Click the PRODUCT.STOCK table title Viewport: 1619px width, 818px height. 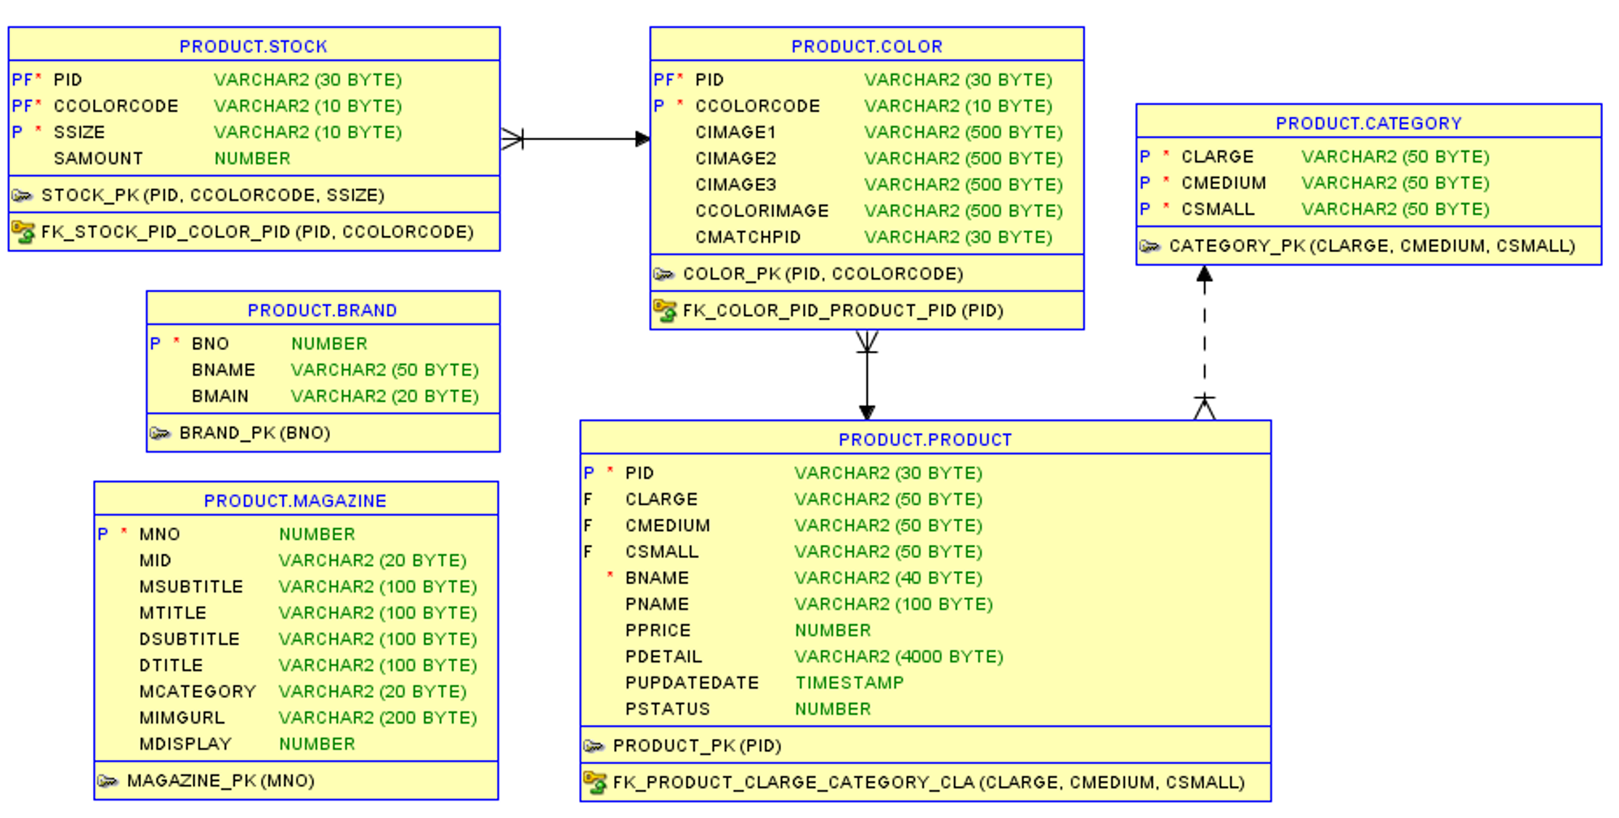pyautogui.click(x=253, y=46)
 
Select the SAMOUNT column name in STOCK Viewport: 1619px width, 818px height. pyautogui.click(x=98, y=158)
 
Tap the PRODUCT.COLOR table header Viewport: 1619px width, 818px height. pyautogui.click(x=866, y=46)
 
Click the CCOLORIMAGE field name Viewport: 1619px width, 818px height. pyautogui.click(x=762, y=211)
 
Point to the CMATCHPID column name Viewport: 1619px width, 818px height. pyautogui.click(x=748, y=237)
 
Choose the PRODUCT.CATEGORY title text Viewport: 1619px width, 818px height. pyautogui.click(x=1368, y=123)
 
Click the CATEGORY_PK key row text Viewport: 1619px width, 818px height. pyautogui.click(x=1371, y=246)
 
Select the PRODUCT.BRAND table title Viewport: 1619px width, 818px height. pyautogui.click(x=322, y=310)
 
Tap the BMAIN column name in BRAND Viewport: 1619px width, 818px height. pyautogui.click(x=220, y=396)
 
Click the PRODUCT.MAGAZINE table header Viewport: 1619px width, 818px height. pyautogui.click(x=295, y=501)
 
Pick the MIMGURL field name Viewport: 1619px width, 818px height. pyautogui.click(x=182, y=718)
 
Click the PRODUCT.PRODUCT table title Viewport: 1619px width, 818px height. pyautogui.click(x=925, y=440)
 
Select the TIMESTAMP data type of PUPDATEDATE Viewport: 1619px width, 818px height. pyautogui.click(x=849, y=683)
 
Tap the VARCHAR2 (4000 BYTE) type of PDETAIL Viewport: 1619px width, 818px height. pyautogui.click(x=898, y=657)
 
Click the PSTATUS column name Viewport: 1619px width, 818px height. pyautogui.click(x=667, y=709)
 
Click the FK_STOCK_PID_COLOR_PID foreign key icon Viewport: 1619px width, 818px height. pyautogui.click(x=23, y=232)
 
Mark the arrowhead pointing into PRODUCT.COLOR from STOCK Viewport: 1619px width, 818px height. pyautogui.click(x=642, y=139)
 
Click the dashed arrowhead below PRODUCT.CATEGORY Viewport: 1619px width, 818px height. pyautogui.click(x=1204, y=275)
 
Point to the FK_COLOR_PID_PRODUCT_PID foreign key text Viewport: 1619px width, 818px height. pyautogui.click(x=842, y=311)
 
